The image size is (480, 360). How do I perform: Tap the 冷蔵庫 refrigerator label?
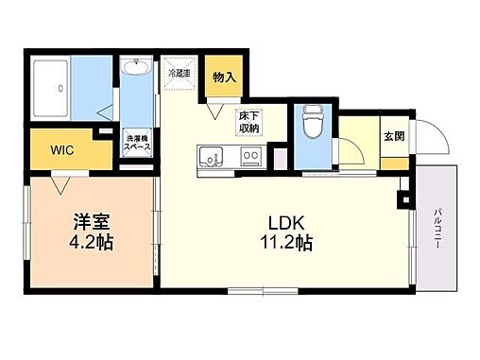coord(179,72)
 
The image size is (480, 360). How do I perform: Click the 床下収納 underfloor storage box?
coord(249,121)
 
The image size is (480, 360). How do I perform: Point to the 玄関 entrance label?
coord(393,135)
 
